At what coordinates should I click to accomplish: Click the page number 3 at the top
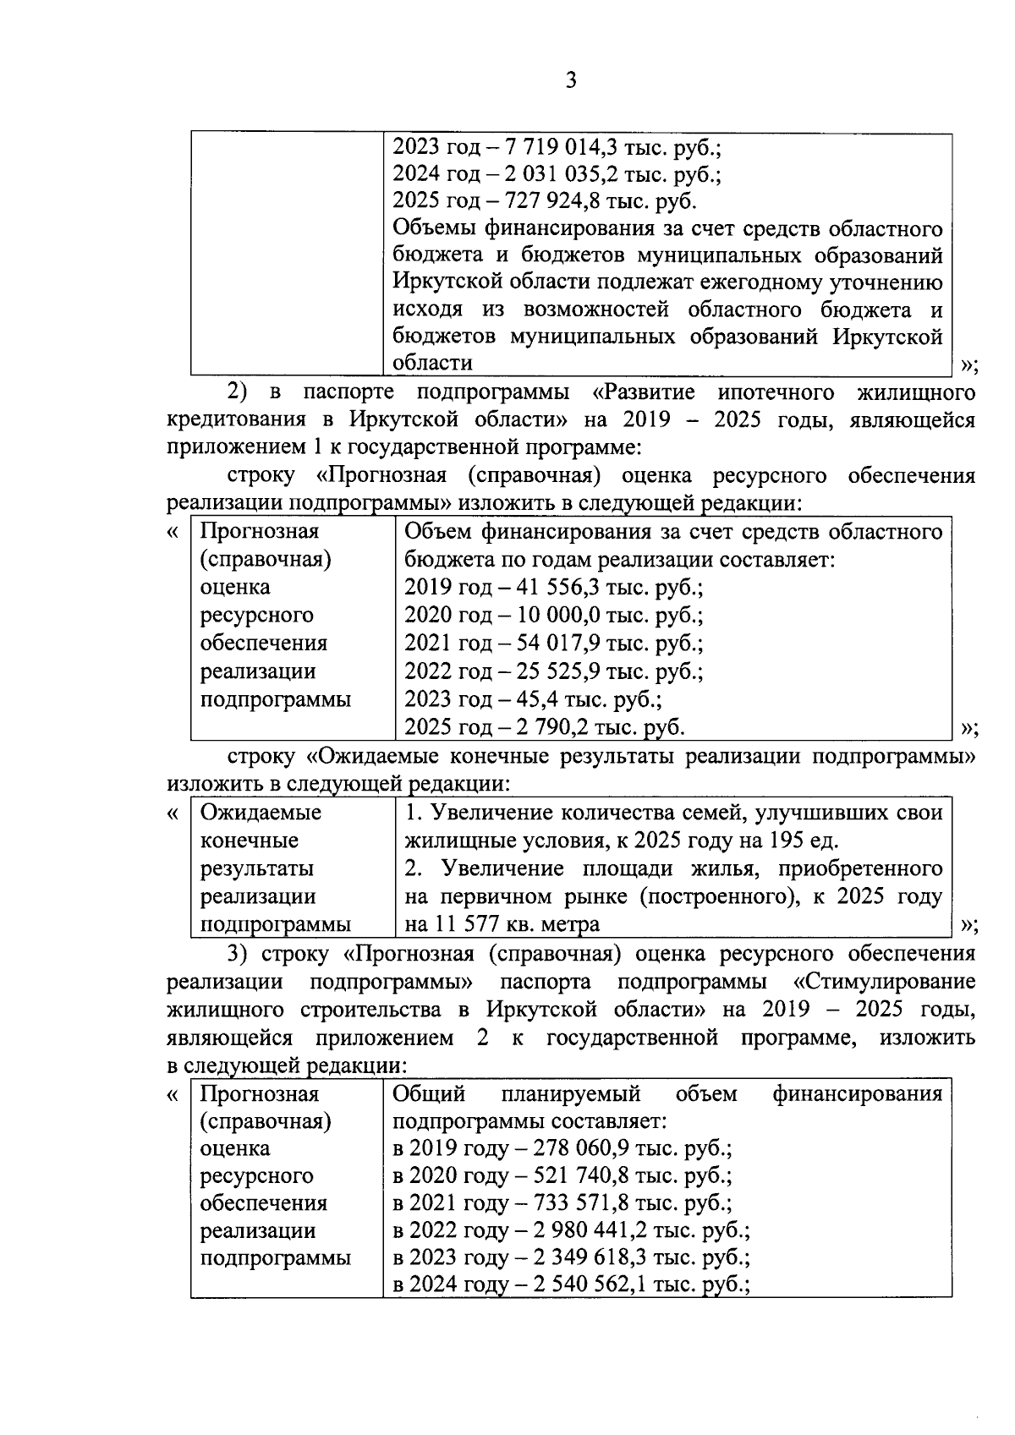[x=570, y=81]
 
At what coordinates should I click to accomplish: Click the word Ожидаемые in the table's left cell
[x=261, y=813]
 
